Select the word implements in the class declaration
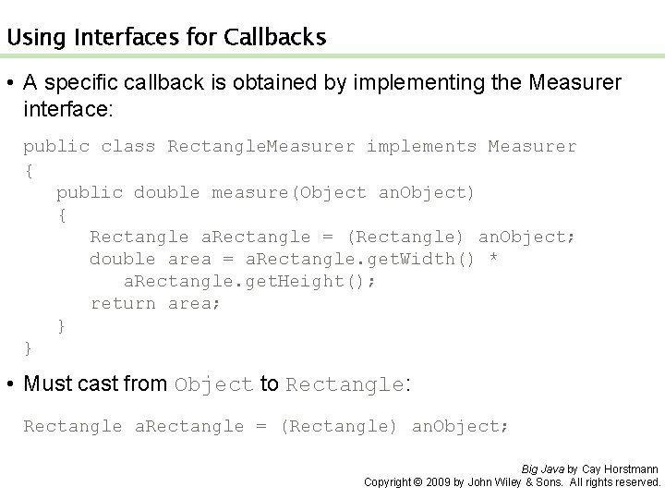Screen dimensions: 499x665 point(421,147)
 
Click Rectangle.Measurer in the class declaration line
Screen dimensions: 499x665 point(261,147)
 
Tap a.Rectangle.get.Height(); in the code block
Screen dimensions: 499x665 point(249,281)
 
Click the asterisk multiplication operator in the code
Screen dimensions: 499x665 point(493,259)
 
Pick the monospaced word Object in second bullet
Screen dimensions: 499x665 point(213,384)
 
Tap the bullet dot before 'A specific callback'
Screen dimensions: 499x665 point(10,84)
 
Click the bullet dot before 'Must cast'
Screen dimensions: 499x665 point(10,383)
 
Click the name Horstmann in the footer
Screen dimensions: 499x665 point(633,469)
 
